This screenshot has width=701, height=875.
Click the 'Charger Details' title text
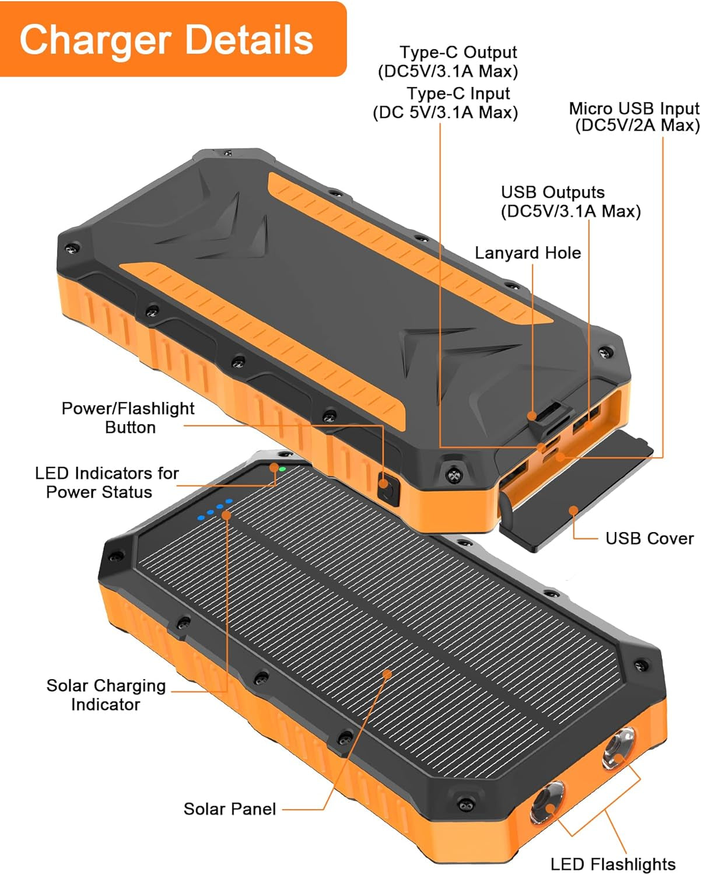[x=166, y=40]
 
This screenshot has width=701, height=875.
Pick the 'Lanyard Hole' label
[x=528, y=253]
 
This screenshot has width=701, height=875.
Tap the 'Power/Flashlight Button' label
[x=128, y=418]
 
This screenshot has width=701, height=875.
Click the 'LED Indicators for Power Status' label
[x=106, y=482]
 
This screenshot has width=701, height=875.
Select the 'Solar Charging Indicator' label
[x=106, y=695]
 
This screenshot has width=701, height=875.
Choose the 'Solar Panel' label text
[x=230, y=809]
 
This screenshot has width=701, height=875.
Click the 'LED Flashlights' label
[x=612, y=864]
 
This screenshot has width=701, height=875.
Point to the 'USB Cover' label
[x=649, y=538]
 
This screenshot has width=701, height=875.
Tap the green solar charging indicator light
[x=282, y=468]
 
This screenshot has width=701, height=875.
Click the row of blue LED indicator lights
[x=215, y=509]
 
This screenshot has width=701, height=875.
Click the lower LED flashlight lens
[x=547, y=803]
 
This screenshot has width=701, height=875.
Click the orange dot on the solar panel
[x=386, y=674]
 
